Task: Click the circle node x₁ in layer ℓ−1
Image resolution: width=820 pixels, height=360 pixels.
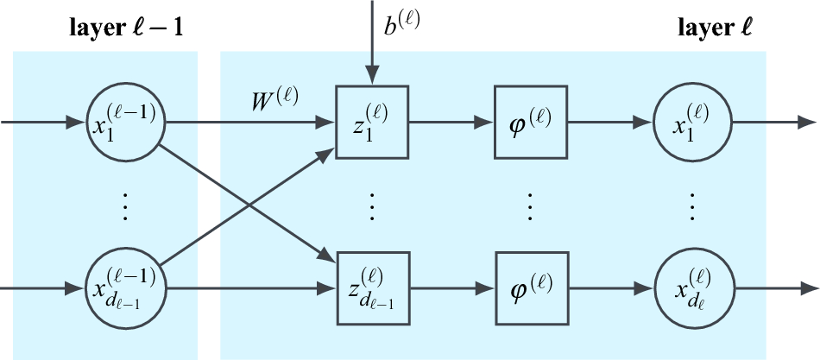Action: point(125,122)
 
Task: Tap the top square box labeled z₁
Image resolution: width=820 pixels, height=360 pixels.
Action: point(372,122)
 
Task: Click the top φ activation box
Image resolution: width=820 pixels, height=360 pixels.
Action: point(531,122)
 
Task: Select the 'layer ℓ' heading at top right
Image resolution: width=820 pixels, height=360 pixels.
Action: point(716,28)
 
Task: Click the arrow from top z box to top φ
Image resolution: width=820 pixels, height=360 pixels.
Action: point(451,123)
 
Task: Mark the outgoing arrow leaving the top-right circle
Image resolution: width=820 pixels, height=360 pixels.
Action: point(773,123)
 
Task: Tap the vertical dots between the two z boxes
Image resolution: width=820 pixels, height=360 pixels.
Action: point(372,207)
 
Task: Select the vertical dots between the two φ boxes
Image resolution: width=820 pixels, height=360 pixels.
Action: point(531,207)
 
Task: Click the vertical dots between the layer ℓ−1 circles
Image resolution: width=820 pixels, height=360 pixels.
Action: point(125,207)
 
